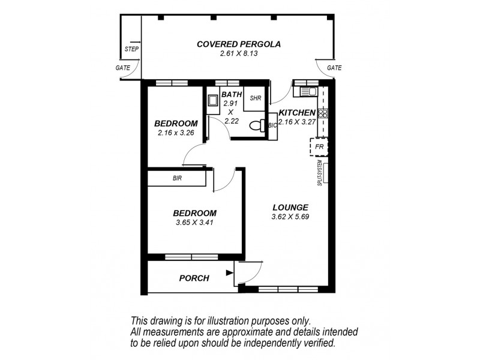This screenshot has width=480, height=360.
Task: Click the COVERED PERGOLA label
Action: point(239,44)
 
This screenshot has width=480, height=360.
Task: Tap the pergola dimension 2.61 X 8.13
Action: point(239,54)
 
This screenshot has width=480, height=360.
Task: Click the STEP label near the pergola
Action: point(131,49)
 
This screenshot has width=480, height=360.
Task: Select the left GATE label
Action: point(122,68)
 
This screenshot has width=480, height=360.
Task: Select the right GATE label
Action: point(334,68)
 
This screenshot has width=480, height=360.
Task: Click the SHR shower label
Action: point(254,98)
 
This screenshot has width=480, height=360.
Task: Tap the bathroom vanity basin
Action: point(212,101)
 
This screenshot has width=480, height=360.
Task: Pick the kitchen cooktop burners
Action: point(323,113)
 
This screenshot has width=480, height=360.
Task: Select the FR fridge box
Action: point(319,146)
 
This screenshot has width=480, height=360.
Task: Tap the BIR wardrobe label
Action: point(177,178)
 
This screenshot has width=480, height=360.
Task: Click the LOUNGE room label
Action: point(290,207)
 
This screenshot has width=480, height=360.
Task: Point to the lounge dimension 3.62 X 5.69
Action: point(290,217)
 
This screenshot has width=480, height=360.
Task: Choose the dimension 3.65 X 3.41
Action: point(194,223)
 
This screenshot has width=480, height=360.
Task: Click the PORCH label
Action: point(194,278)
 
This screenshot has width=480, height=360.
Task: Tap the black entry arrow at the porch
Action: point(229,273)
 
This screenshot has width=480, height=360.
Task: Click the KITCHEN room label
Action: point(297,113)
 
